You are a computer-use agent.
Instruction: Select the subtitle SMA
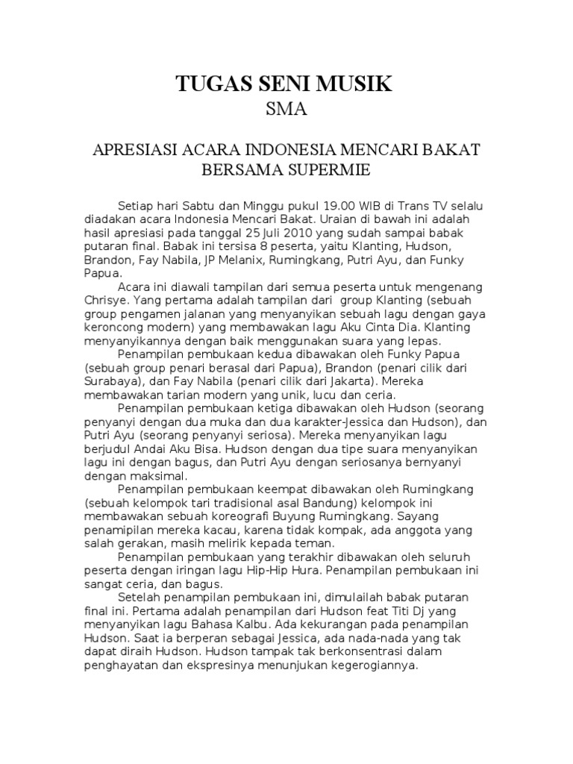(x=286, y=110)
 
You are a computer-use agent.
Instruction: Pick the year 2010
(x=276, y=233)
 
